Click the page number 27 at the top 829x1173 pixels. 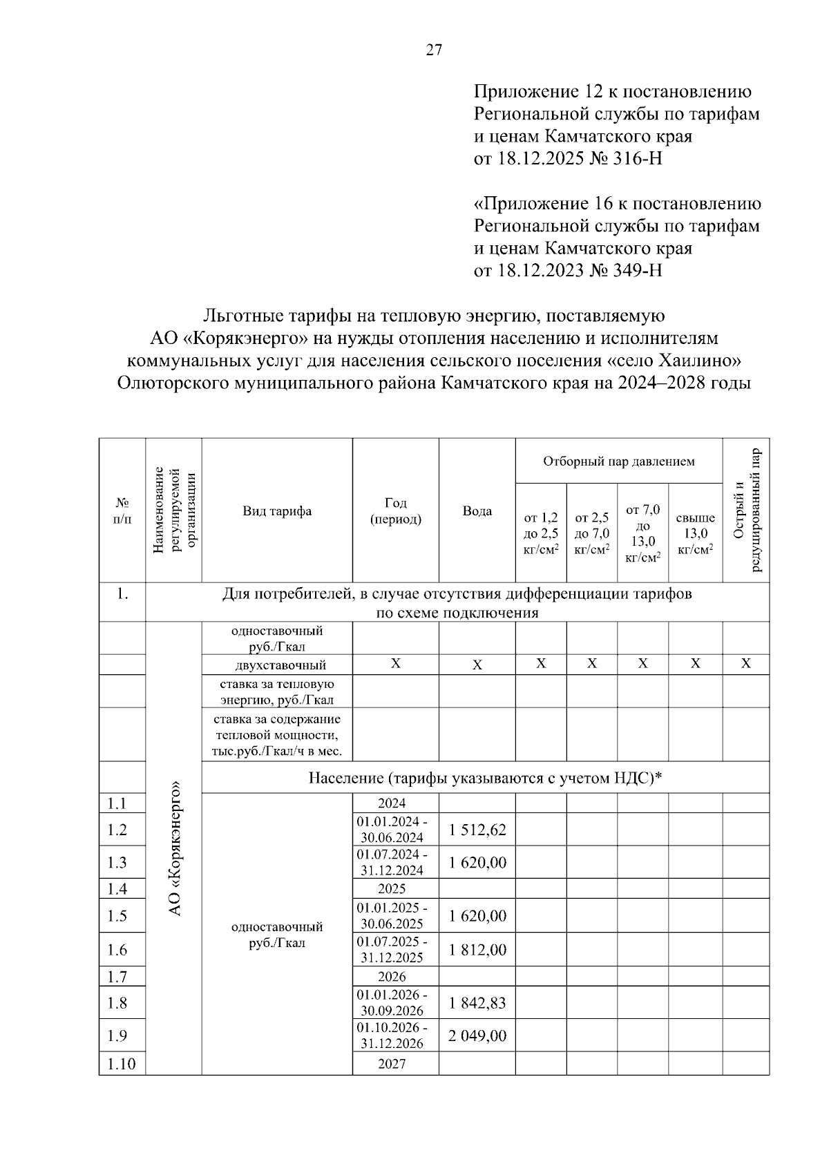(434, 50)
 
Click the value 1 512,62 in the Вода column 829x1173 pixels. (477, 829)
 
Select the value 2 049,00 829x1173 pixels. (477, 1036)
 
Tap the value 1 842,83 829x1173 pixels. (477, 1002)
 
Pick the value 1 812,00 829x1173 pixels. (477, 950)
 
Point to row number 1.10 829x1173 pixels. (122, 1064)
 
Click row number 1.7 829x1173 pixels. (118, 976)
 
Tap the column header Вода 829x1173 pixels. (477, 511)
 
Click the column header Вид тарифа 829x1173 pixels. (277, 511)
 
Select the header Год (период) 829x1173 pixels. (395, 511)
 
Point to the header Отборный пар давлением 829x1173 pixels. (618, 461)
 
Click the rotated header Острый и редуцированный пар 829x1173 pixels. (746, 511)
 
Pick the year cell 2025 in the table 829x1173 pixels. (392, 888)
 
